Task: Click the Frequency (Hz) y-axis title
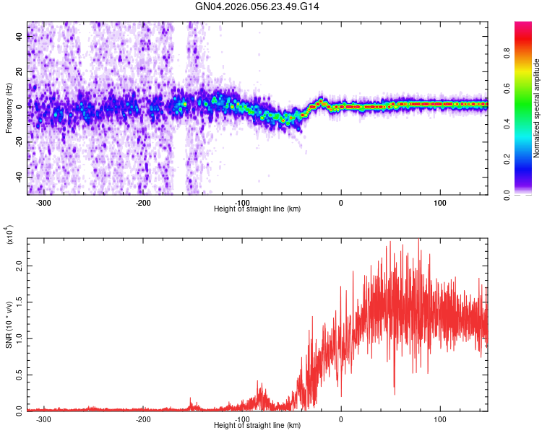pyautogui.click(x=9, y=108)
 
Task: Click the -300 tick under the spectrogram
pyautogui.click(x=43, y=203)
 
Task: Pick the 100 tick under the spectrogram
pyautogui.click(x=440, y=203)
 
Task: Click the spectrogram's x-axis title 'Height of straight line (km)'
pyautogui.click(x=257, y=209)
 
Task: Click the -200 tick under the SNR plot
pyautogui.click(x=143, y=419)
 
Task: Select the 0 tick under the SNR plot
pyautogui.click(x=341, y=419)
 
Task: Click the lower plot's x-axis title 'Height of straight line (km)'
pyautogui.click(x=257, y=426)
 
